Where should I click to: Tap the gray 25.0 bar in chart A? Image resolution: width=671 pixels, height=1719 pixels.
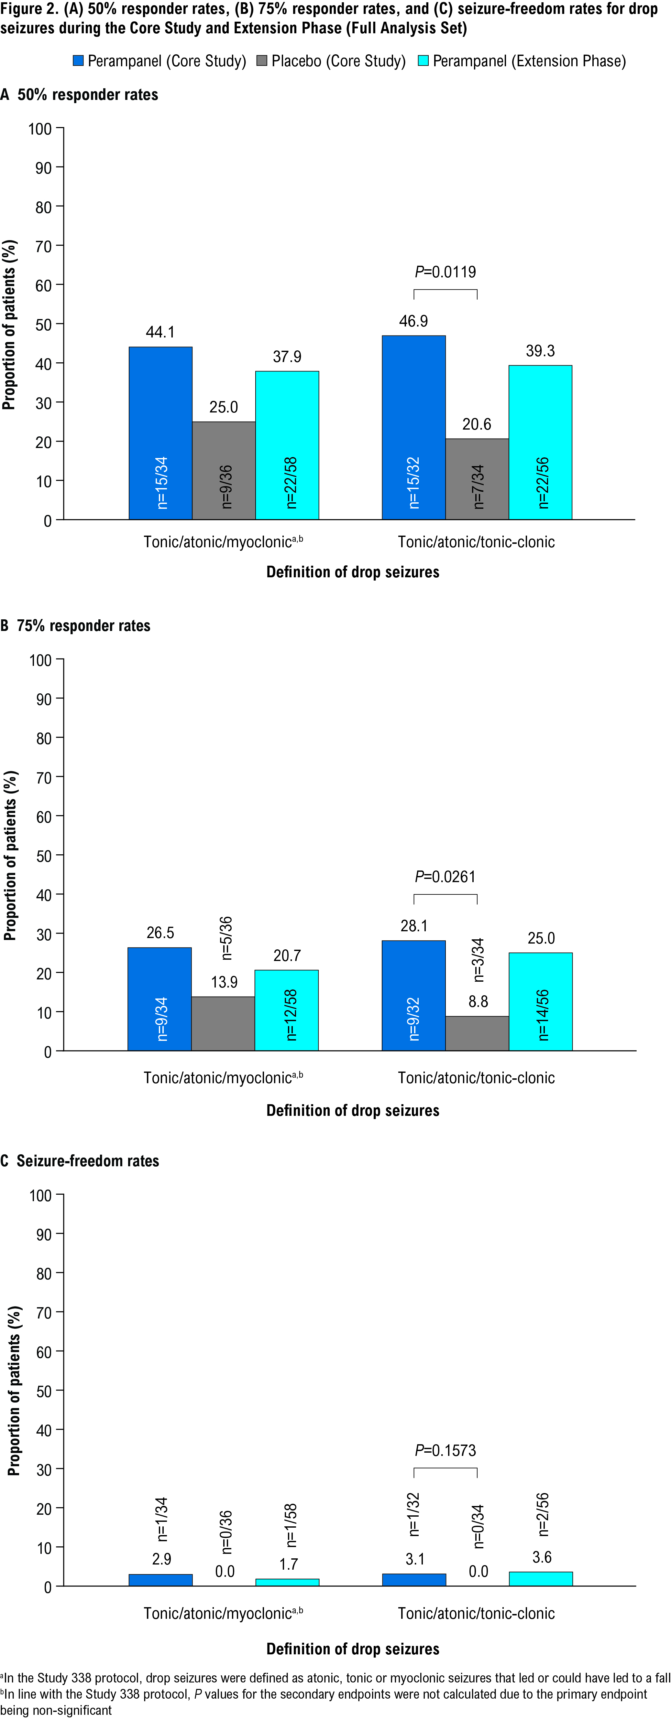click(224, 470)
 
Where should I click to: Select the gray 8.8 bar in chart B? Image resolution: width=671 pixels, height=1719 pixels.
click(478, 1033)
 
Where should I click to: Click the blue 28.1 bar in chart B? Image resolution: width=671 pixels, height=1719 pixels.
click(413, 995)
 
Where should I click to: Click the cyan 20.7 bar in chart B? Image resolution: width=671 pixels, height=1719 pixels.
click(286, 1009)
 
